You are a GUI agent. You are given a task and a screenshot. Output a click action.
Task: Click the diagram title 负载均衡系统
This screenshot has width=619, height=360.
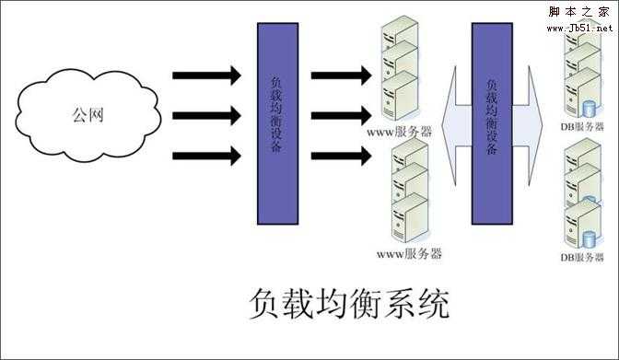point(349,305)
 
